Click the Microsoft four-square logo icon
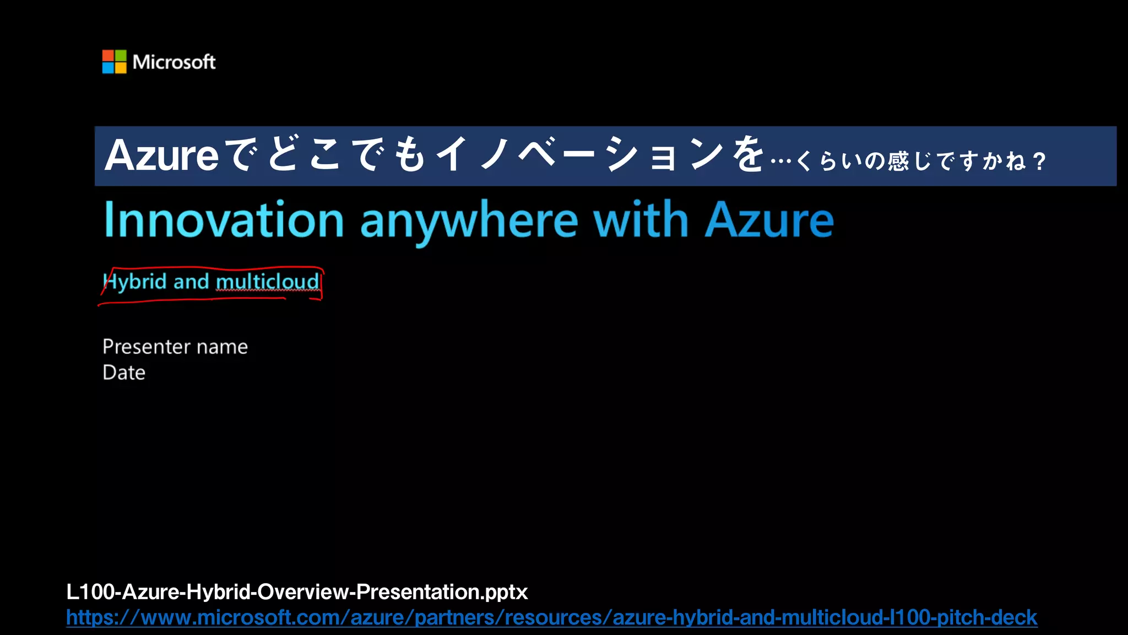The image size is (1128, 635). coord(114,62)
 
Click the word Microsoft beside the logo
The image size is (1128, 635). coord(174,62)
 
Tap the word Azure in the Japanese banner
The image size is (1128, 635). coord(162,156)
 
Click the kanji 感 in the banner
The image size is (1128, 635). coord(898,162)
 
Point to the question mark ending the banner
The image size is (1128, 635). coord(1039,162)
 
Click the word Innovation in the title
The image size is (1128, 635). coord(224,220)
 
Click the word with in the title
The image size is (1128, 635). coord(641,220)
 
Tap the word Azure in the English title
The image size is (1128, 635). coord(769,220)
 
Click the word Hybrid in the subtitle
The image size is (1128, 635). coord(135,282)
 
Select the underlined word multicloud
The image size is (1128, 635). coord(267,282)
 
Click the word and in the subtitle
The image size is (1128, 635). coord(191,282)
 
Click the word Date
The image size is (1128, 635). coord(124,373)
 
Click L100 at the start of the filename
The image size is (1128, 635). coord(90,592)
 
